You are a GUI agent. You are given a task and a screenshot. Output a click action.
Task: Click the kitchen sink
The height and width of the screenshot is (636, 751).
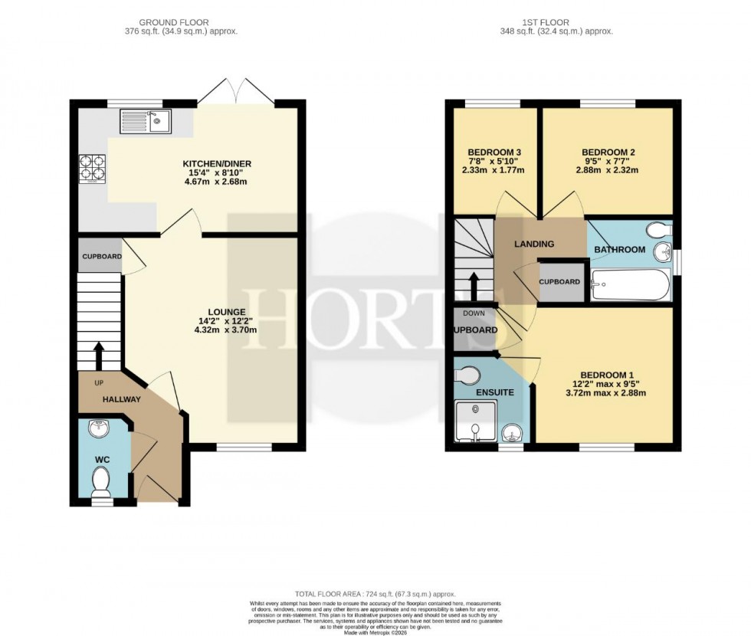pyautogui.click(x=146, y=120)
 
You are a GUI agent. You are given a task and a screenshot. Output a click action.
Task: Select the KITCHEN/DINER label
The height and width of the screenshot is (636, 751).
pyautogui.click(x=217, y=164)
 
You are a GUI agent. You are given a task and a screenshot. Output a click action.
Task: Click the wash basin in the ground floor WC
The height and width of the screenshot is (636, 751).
pyautogui.click(x=99, y=428)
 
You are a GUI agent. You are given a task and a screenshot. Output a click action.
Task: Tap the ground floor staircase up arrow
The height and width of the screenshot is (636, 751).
pyautogui.click(x=99, y=355)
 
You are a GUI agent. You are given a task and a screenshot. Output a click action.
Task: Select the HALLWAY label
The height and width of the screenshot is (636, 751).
pyautogui.click(x=123, y=399)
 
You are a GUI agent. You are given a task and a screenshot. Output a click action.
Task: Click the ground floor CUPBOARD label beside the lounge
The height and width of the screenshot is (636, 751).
pyautogui.click(x=101, y=257)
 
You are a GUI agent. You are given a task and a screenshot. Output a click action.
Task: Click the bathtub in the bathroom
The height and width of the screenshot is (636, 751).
pyautogui.click(x=630, y=285)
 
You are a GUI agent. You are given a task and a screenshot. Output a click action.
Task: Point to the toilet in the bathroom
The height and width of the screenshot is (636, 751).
pyautogui.click(x=656, y=230)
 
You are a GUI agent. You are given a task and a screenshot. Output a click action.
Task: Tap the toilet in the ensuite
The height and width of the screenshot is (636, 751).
pyautogui.click(x=467, y=375)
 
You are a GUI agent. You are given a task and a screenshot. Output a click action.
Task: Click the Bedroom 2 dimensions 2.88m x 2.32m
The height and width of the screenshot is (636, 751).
pyautogui.click(x=608, y=170)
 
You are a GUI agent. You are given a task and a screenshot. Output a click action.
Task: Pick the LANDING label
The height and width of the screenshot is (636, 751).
pyautogui.click(x=533, y=244)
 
